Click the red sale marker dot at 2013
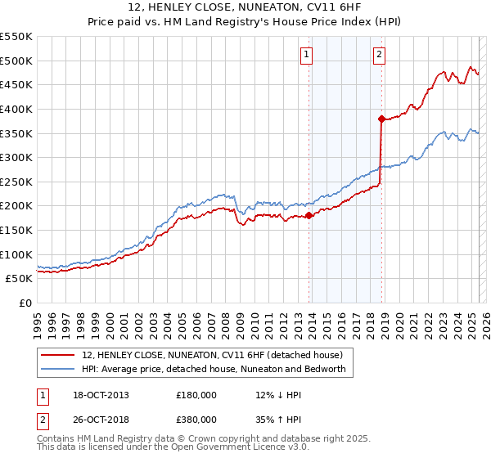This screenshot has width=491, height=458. pos(309,216)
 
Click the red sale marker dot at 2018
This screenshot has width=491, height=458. pos(381,119)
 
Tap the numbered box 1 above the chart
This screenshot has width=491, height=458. pos(306,55)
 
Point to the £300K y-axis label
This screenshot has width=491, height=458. pos(16,157)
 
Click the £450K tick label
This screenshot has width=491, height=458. pos(16,84)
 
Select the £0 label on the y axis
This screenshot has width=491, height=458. pos(25,303)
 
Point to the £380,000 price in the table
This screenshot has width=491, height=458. pos(196,419)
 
